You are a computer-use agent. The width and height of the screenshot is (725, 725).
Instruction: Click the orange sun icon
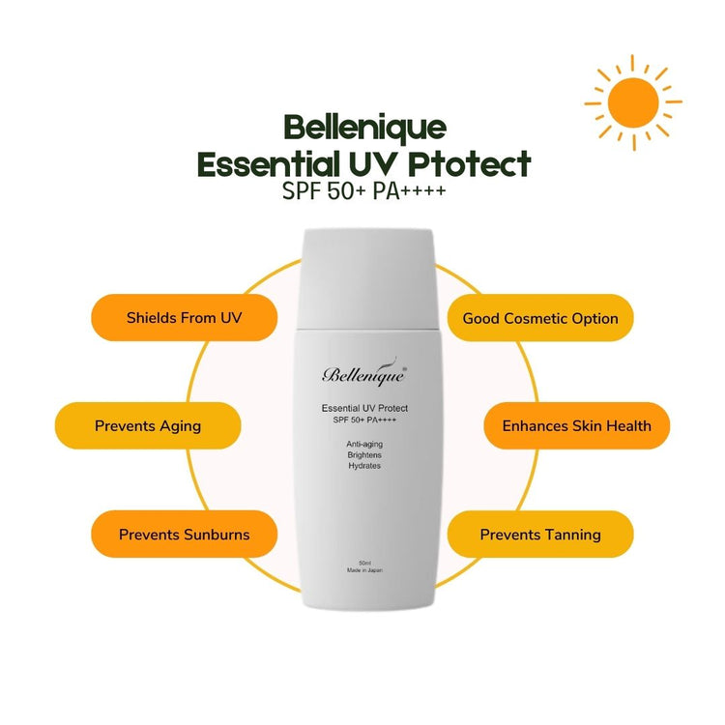pyautogui.click(x=633, y=100)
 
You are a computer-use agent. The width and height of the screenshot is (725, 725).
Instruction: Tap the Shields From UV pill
pyautogui.click(x=185, y=318)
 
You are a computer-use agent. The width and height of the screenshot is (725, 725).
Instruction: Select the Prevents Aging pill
pyautogui.click(x=147, y=425)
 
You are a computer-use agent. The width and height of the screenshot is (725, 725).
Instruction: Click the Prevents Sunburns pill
pyautogui.click(x=185, y=535)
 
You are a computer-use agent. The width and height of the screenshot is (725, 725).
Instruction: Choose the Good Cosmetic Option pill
pyautogui.click(x=540, y=318)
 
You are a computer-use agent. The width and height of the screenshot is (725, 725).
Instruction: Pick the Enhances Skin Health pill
pyautogui.click(x=577, y=425)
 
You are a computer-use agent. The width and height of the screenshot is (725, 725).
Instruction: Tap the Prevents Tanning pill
pyautogui.click(x=540, y=535)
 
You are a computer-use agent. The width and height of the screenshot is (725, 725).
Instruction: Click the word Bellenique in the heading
pyautogui.click(x=364, y=127)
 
